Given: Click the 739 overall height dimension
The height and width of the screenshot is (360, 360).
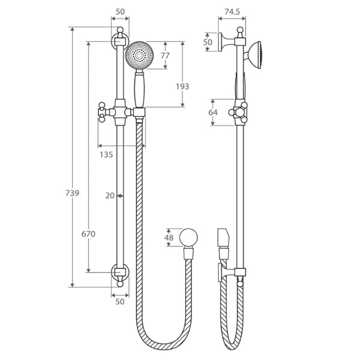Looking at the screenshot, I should coord(72,193).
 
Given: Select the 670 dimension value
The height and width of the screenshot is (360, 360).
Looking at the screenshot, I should coord(88,234).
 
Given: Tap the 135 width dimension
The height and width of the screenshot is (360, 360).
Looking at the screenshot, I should coord(106,155).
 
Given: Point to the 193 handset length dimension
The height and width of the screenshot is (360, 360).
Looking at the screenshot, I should coord(182,86).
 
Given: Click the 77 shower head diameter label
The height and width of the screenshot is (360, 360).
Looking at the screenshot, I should coord(165,56).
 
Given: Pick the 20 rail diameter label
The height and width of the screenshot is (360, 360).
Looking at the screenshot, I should coord(110,196).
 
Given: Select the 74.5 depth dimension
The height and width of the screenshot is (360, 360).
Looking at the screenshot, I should coord(232,11).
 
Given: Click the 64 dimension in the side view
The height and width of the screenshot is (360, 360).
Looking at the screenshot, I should coord(212,112).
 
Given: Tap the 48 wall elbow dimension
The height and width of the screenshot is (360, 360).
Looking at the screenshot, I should coord(169,238).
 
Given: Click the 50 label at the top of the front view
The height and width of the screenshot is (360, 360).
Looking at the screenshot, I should coord(119,11).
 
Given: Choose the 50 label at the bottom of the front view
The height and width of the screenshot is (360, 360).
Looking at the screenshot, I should coord(119,302).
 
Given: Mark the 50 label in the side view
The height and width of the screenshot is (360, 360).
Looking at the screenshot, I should coord(208,43).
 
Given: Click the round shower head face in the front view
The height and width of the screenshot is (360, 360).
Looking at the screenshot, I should coord(140,55).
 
